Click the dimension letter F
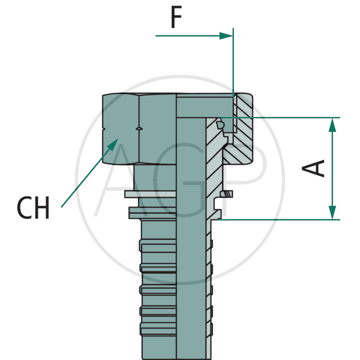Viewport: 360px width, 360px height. pyautogui.click(x=176, y=18)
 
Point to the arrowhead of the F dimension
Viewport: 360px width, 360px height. pyautogui.click(x=226, y=36)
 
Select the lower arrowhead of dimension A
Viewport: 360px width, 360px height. pyautogui.click(x=332, y=212)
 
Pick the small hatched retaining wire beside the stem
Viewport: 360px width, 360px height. pyautogui.click(x=229, y=194)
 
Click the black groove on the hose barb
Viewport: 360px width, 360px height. pyautogui.click(x=158, y=272)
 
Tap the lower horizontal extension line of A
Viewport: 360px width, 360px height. pyautogui.click(x=279, y=220)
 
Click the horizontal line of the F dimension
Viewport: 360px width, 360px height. pyautogui.click(x=189, y=36)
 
